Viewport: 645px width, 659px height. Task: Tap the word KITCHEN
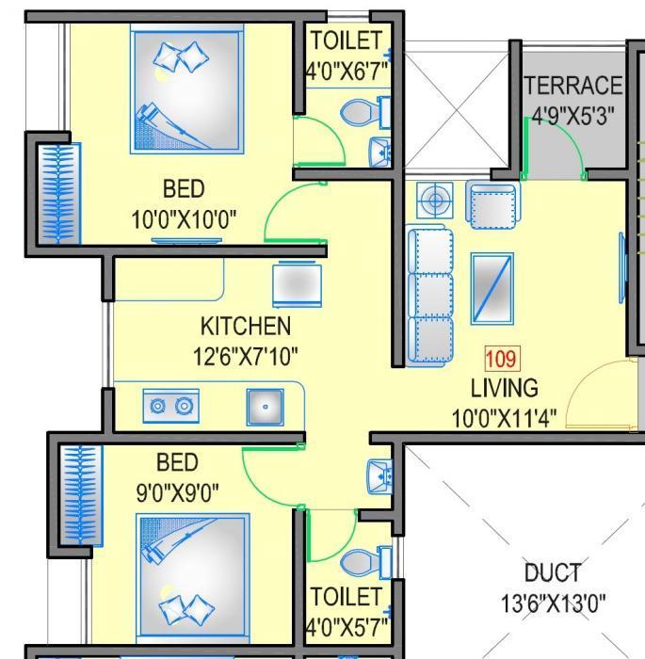[x=245, y=327]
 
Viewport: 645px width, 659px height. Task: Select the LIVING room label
[x=505, y=388]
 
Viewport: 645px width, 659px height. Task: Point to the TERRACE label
[x=572, y=86]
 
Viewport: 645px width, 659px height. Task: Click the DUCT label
[x=552, y=572]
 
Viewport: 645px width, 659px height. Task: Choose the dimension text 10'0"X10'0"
[x=184, y=220]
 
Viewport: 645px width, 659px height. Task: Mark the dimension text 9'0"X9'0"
[x=177, y=490]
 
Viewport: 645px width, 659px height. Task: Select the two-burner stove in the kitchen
[x=171, y=406]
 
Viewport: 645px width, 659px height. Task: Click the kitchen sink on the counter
[x=266, y=407]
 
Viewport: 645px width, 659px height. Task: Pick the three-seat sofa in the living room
[x=430, y=294]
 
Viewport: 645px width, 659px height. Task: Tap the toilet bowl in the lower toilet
[x=361, y=564]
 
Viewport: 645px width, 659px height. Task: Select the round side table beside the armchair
[x=434, y=201]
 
